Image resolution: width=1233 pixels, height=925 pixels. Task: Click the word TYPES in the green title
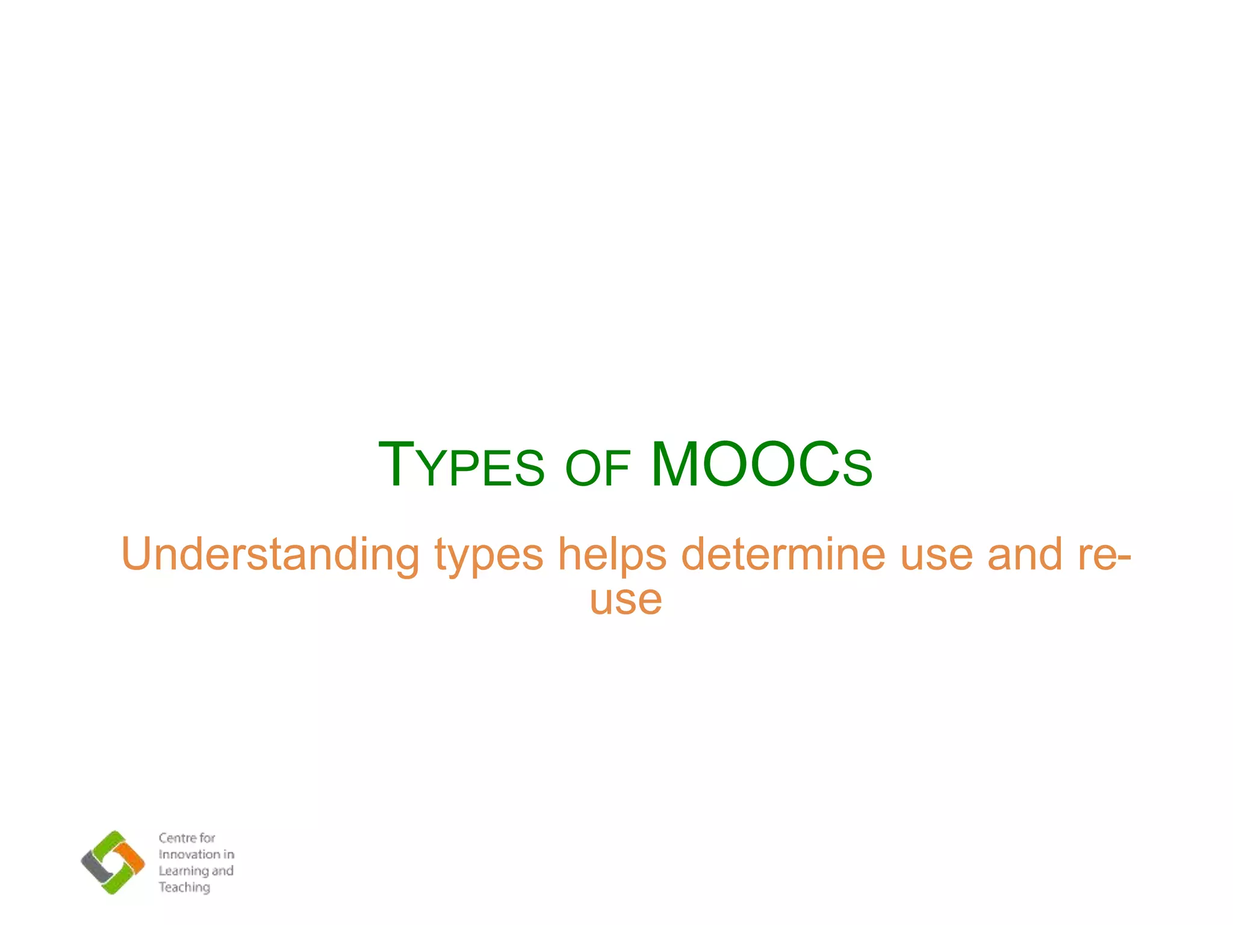pyautogui.click(x=461, y=466)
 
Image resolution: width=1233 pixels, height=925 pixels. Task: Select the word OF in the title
pyautogui.click(x=597, y=469)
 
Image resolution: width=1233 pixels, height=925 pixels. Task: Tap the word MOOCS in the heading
pyautogui.click(x=761, y=466)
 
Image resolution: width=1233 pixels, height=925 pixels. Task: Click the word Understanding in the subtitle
pyautogui.click(x=270, y=555)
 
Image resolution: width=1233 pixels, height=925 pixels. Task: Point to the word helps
pyautogui.click(x=612, y=555)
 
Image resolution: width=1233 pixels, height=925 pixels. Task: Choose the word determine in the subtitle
pyautogui.click(x=783, y=555)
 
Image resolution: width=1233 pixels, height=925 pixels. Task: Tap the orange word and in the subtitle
pyautogui.click(x=1025, y=555)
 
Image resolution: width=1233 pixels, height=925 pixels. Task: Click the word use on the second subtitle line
pyautogui.click(x=626, y=601)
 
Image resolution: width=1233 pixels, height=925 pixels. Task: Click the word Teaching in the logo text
pyautogui.click(x=184, y=888)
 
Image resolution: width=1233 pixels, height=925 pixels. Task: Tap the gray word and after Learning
pyautogui.click(x=223, y=871)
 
